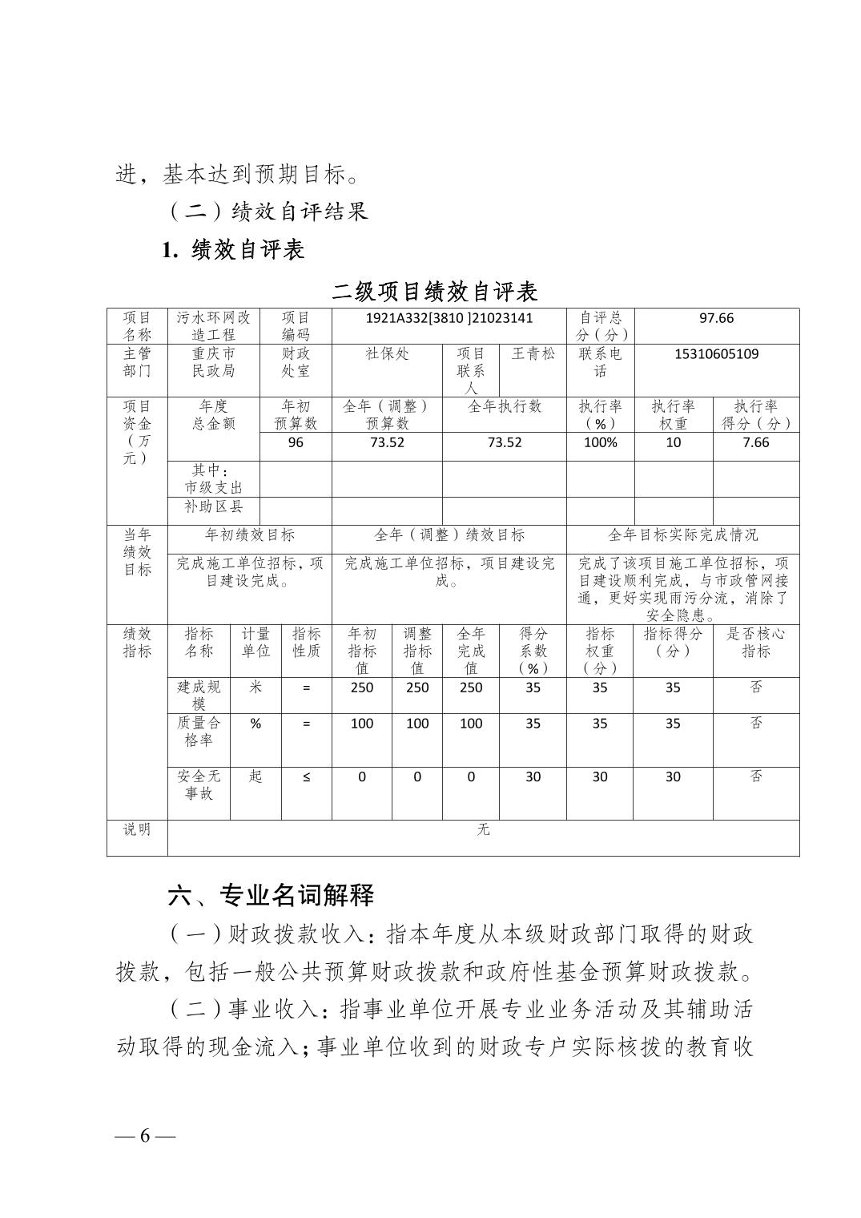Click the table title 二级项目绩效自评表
(x=435, y=292)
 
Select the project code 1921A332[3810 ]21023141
(x=449, y=318)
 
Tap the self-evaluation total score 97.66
(x=715, y=318)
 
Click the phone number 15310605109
(x=716, y=354)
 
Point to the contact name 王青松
(x=533, y=353)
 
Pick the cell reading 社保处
(x=387, y=353)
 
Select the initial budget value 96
(x=296, y=442)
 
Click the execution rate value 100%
(x=600, y=442)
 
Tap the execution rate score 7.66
(x=755, y=442)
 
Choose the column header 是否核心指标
(x=755, y=642)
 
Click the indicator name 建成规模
(x=199, y=695)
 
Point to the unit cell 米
(x=255, y=688)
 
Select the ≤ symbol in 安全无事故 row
(x=306, y=776)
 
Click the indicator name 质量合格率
(x=199, y=731)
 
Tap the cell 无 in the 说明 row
(x=483, y=829)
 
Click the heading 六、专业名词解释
(x=271, y=895)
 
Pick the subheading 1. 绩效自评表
(x=233, y=250)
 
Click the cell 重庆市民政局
(x=214, y=362)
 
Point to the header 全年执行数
(x=505, y=406)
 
